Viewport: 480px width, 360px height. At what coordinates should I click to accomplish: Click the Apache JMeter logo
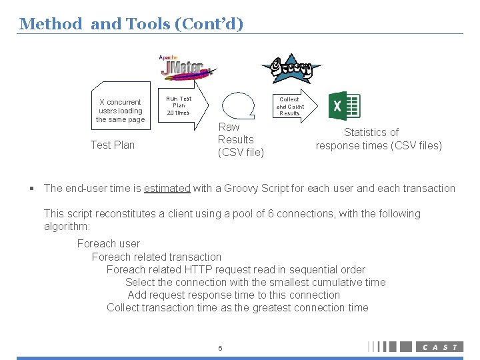[186, 68]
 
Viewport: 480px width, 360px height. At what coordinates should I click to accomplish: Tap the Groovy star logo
[290, 67]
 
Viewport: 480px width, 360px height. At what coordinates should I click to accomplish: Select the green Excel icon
[345, 105]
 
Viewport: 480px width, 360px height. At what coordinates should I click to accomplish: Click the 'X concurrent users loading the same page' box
[120, 111]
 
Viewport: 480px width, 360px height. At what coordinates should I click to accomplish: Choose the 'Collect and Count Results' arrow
[293, 105]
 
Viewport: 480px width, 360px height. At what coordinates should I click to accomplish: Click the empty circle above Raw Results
[239, 104]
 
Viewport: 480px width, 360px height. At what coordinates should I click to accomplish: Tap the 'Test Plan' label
[112, 145]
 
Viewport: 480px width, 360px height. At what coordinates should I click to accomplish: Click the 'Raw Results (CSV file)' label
[240, 139]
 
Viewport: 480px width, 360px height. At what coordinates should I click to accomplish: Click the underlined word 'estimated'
[167, 188]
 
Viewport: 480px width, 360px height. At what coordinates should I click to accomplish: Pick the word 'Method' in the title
[51, 24]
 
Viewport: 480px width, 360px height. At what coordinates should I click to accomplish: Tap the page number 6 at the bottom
[220, 348]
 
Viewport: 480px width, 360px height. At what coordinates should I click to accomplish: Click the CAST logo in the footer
[439, 347]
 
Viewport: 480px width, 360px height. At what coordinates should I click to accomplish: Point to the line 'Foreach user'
[108, 243]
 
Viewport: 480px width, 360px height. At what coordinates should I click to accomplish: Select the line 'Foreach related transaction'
[157, 257]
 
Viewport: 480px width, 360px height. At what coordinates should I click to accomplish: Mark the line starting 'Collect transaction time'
[237, 307]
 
